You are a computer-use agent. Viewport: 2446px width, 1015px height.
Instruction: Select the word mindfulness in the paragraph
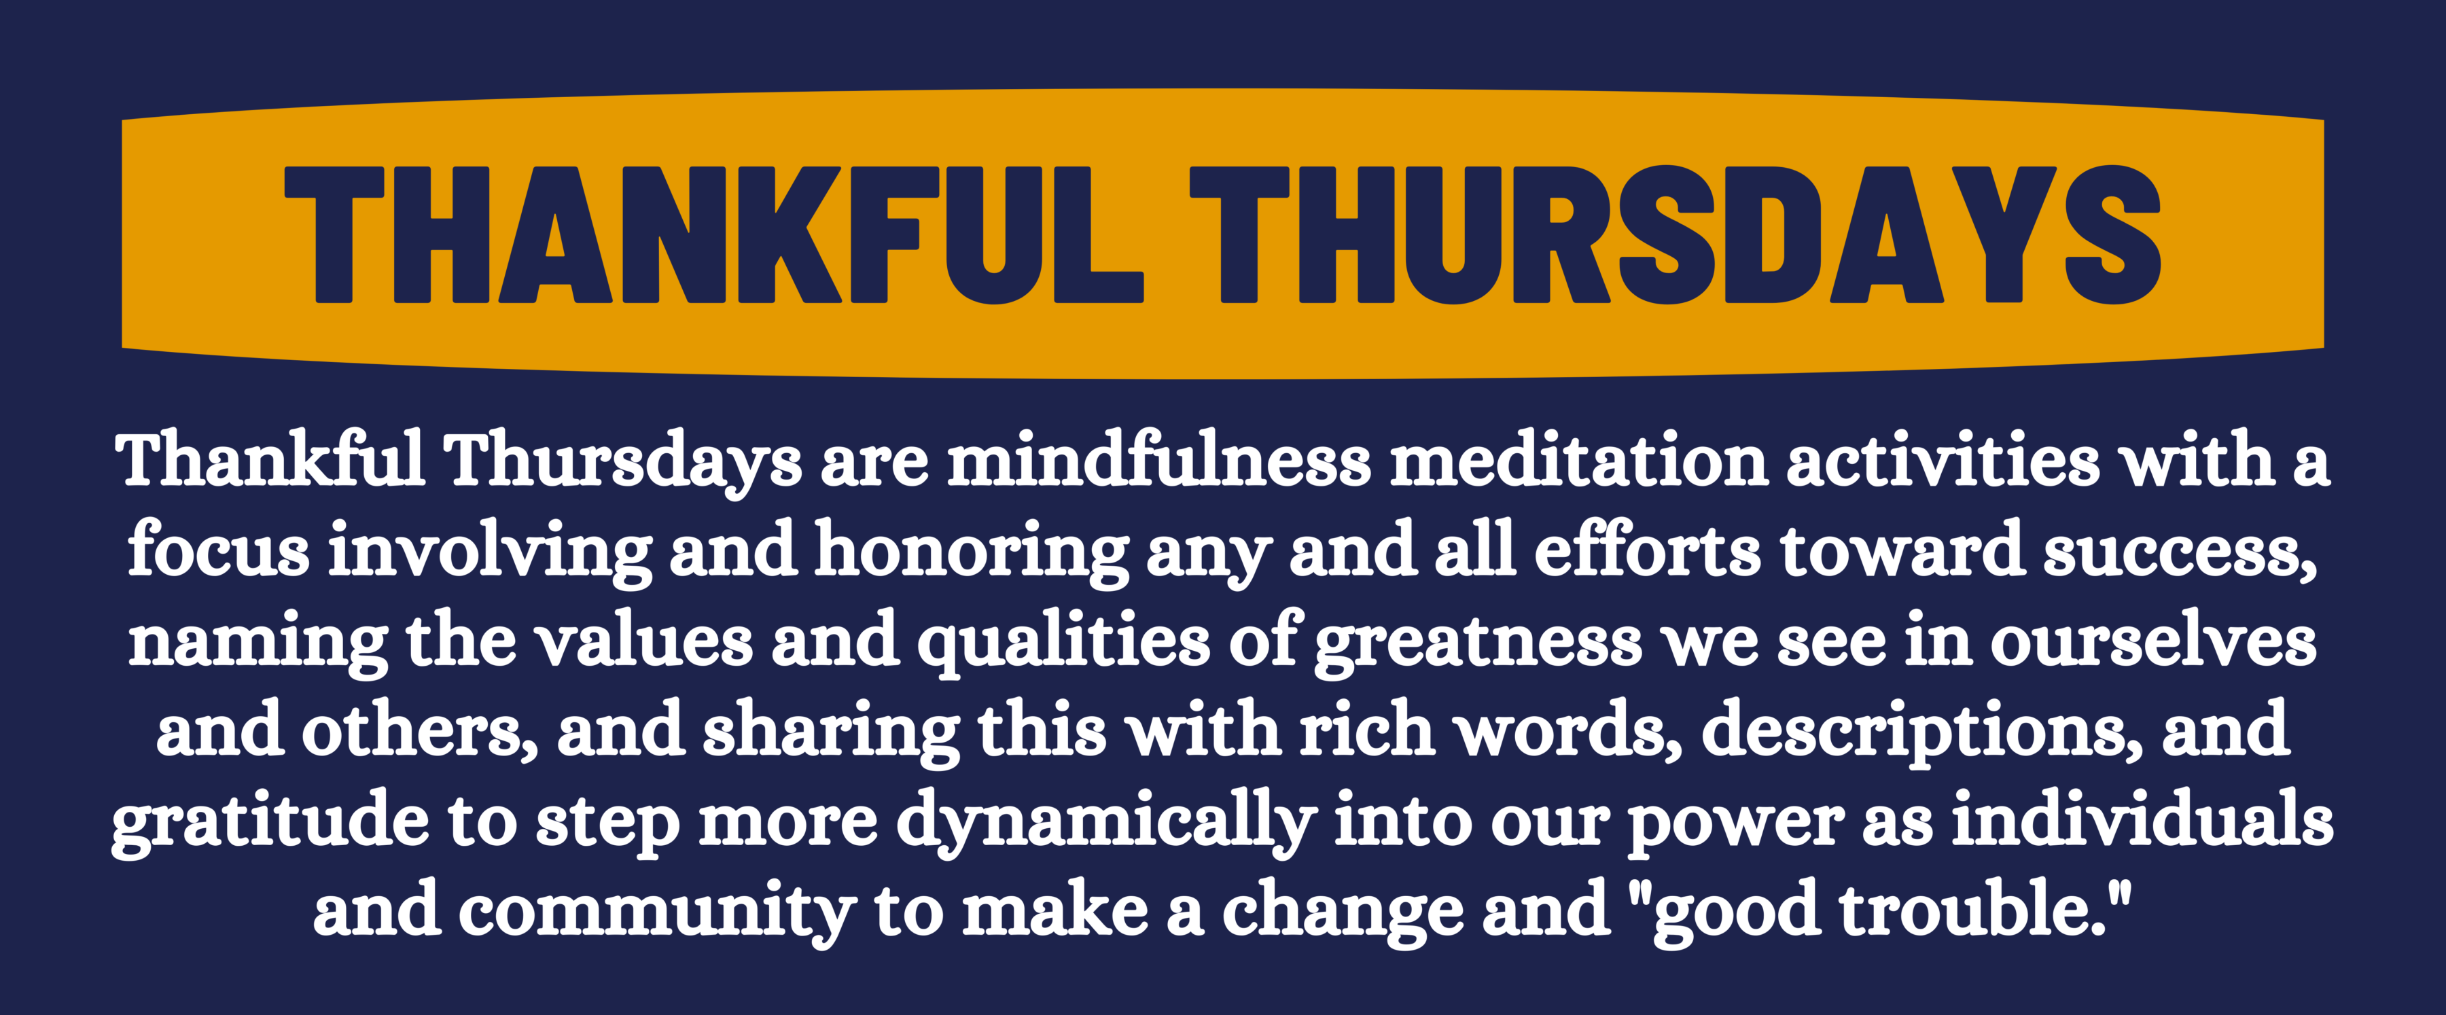(x=1158, y=461)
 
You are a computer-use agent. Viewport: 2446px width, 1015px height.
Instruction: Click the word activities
(x=1943, y=461)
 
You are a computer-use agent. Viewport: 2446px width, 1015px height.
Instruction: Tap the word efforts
(x=1648, y=551)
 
